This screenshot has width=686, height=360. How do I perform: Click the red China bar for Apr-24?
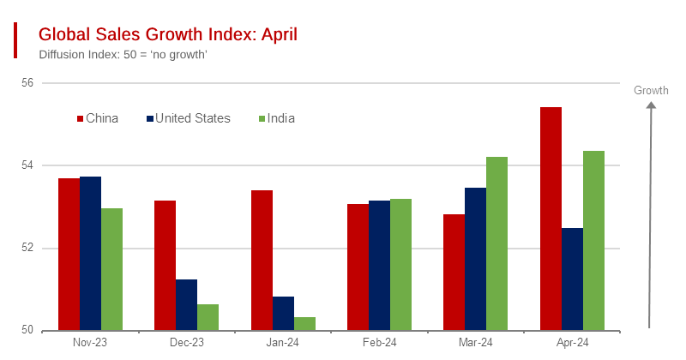tap(551, 219)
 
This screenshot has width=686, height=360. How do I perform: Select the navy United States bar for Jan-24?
tap(283, 314)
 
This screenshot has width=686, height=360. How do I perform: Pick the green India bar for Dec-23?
tap(208, 317)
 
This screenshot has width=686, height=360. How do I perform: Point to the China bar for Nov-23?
tap(69, 254)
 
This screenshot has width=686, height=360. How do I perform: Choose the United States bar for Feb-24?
tap(380, 265)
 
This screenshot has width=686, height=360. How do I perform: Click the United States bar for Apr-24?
tap(572, 279)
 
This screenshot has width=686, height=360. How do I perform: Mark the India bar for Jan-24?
tap(304, 323)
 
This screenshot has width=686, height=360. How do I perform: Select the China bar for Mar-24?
tap(454, 272)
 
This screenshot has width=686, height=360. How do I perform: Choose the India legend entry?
tap(275, 118)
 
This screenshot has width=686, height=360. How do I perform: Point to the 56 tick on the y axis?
tap(27, 83)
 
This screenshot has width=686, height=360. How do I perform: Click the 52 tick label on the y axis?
tap(27, 249)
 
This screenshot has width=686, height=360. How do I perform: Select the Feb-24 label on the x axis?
tap(380, 343)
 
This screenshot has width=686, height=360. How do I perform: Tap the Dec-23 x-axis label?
tap(186, 343)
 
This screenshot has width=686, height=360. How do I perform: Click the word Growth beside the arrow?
tap(651, 91)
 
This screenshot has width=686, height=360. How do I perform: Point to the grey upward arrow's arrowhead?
tap(651, 106)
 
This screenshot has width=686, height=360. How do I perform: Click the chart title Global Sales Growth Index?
tap(168, 34)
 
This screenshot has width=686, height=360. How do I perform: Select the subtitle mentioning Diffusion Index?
tap(123, 55)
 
